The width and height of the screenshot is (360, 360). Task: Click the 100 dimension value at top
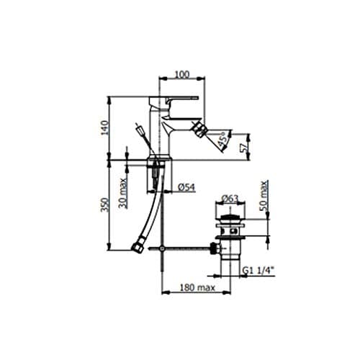point(182,75)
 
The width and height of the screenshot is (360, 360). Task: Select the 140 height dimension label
point(104,127)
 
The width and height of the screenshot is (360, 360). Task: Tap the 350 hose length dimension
point(104,204)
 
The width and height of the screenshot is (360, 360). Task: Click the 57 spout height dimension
point(243,148)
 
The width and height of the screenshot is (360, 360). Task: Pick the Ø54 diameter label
point(186,187)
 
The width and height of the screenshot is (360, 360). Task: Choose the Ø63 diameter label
point(230,199)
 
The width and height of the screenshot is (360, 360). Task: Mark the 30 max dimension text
point(122,193)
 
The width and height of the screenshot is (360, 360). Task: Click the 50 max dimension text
point(264,196)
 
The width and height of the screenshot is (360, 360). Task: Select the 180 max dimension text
point(197,287)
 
